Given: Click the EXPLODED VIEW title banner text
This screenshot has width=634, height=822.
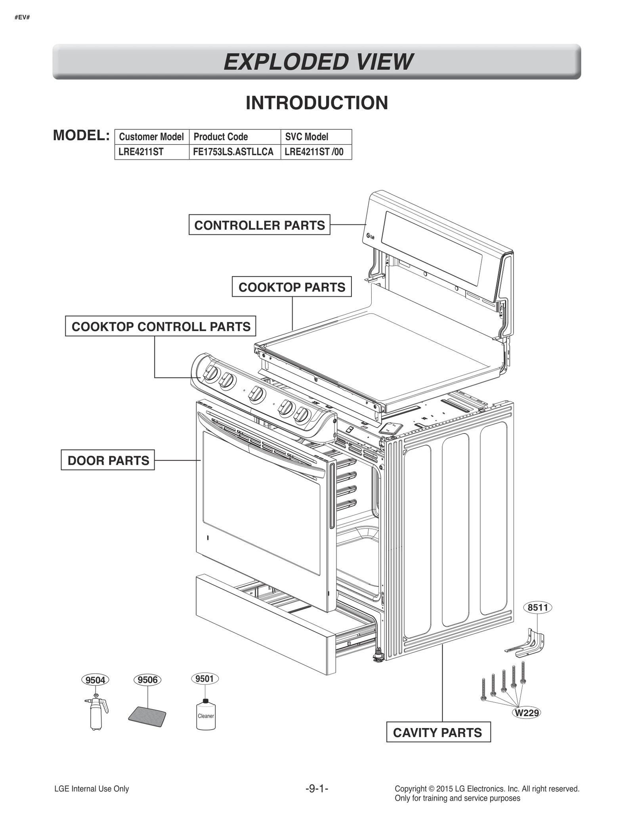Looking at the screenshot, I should [x=317, y=62].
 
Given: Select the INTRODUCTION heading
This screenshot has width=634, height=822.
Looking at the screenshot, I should [x=317, y=103].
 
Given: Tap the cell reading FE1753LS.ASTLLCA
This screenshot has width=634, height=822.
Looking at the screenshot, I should [x=233, y=152].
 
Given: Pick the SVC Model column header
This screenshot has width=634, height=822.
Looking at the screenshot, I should [x=307, y=137].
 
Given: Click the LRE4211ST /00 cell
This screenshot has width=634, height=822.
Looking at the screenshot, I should [x=314, y=152].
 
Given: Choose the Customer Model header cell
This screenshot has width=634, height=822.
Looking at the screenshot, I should [x=151, y=137].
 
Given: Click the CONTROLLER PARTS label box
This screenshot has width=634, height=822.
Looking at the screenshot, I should [x=259, y=225].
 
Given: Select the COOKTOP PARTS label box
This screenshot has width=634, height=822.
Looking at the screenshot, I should [x=292, y=287].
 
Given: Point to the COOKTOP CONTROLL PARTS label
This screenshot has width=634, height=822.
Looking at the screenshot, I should [x=160, y=327].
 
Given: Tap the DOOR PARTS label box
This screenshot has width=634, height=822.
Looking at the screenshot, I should [x=108, y=460].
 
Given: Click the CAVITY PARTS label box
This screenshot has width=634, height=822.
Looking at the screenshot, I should [x=438, y=732].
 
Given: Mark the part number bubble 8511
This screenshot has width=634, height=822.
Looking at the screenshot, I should [x=537, y=608].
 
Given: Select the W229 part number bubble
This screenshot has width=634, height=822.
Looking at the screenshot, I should [x=526, y=713].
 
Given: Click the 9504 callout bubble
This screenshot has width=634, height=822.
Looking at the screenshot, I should [x=95, y=680].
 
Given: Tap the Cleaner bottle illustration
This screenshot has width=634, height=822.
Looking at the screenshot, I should [x=206, y=714].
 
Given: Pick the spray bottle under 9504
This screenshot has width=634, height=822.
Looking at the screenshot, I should [x=96, y=713].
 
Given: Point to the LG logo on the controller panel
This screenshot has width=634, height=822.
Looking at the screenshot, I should [x=370, y=237].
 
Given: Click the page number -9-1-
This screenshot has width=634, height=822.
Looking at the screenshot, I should [x=317, y=789].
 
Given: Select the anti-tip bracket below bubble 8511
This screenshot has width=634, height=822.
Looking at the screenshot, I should [x=527, y=644].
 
